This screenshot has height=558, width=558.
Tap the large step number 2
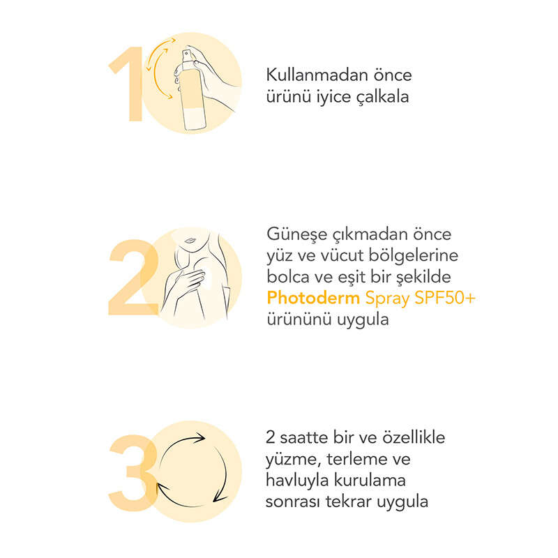click(x=134, y=277)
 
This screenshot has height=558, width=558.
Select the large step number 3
click(x=133, y=473)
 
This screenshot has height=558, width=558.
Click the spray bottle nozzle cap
click(x=186, y=56)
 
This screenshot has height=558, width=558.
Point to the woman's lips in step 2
click(x=190, y=240)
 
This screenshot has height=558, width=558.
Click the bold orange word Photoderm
click(x=313, y=298)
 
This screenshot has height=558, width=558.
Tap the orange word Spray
click(x=387, y=299)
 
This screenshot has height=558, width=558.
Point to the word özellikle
click(x=414, y=437)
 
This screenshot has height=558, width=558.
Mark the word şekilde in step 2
click(x=423, y=278)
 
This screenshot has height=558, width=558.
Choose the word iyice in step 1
click(x=334, y=98)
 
